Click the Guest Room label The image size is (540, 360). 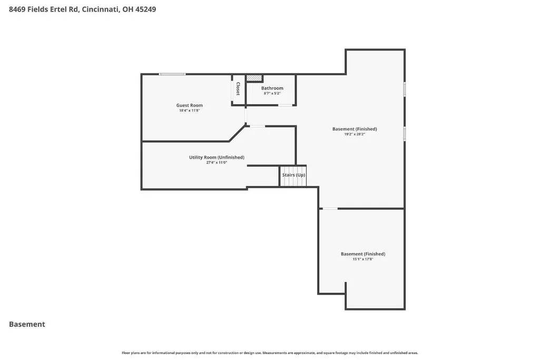(x=190, y=105)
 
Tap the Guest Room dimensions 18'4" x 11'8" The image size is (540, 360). (x=190, y=111)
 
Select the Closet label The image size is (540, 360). (x=238, y=89)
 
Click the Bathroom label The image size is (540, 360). (x=272, y=88)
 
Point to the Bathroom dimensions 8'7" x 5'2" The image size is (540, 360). (x=272, y=93)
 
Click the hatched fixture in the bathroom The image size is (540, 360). (x=254, y=78)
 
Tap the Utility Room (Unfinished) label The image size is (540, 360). (x=217, y=158)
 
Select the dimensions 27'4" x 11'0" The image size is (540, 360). (x=217, y=162)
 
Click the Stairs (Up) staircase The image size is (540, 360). (x=293, y=176)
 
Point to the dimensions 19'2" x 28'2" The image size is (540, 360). (x=355, y=134)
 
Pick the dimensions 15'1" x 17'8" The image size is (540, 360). (x=363, y=259)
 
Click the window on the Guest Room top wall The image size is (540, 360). (x=172, y=74)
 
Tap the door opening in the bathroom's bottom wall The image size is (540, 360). (x=286, y=105)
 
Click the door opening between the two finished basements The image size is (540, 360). (x=330, y=208)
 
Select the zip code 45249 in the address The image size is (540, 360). (x=146, y=9)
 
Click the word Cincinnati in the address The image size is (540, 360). (x=101, y=9)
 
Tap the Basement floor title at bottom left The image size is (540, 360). (x=27, y=324)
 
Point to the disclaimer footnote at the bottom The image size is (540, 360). (x=270, y=353)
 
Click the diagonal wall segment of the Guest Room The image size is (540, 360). (x=238, y=133)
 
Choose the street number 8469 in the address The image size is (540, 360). (x=17, y=9)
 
